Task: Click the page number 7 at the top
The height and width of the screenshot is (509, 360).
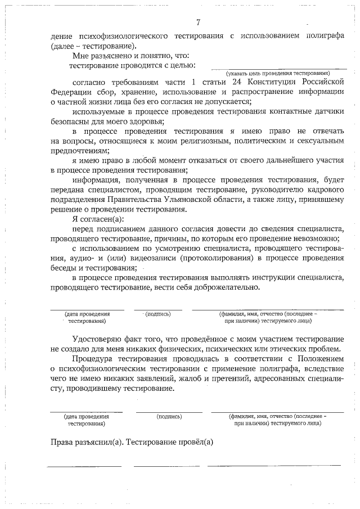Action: [197, 22]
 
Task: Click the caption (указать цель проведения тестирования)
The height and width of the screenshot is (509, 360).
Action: [277, 73]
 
